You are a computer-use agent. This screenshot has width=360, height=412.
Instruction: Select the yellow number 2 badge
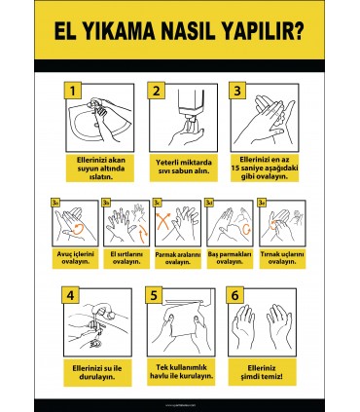click(154, 91)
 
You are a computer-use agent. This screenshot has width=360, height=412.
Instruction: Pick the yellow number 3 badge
click(234, 91)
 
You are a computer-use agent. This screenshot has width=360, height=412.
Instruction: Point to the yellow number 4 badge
click(69, 295)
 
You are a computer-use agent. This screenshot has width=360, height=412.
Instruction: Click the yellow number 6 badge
click(234, 295)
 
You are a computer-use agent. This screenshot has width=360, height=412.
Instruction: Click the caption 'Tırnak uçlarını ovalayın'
click(283, 258)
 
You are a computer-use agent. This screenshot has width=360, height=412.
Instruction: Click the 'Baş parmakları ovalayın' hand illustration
click(231, 225)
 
